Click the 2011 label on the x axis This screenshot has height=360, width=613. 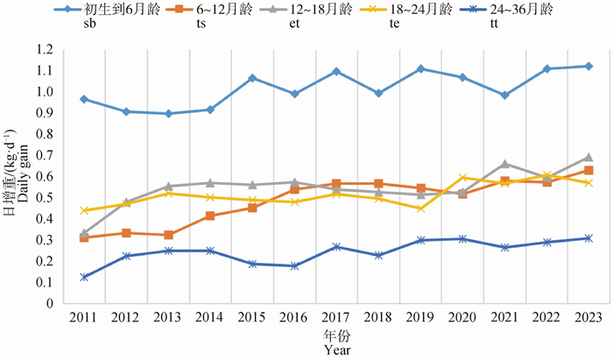84,316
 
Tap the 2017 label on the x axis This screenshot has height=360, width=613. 336,316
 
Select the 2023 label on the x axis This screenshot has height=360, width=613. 588,316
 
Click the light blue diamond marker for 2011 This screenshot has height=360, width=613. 84,99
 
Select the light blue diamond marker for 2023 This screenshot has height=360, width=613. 588,66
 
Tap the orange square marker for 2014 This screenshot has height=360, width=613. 210,215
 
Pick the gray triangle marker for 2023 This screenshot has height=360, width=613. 588,158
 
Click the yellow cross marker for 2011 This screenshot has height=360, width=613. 84,210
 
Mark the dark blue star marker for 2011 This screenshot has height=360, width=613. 84,277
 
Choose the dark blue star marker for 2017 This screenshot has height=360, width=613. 336,247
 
